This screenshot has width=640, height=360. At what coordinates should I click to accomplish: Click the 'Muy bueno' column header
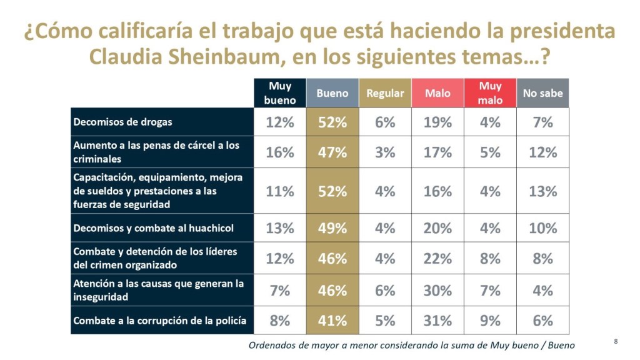click(x=280, y=92)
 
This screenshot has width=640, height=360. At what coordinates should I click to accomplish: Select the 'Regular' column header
click(x=385, y=93)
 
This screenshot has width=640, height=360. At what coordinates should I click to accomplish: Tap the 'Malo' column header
click(x=437, y=93)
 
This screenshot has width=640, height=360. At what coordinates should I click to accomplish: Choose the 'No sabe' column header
click(x=542, y=93)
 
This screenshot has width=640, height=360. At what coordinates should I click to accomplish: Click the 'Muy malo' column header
click(x=490, y=92)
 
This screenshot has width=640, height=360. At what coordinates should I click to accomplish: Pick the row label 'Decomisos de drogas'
click(x=122, y=122)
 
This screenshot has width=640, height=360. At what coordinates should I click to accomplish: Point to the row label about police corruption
click(x=159, y=321)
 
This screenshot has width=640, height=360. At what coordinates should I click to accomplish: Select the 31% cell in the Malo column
click(x=437, y=321)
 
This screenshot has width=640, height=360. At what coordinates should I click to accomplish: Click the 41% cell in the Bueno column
click(x=332, y=321)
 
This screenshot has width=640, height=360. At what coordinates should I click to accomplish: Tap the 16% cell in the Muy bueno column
click(x=280, y=152)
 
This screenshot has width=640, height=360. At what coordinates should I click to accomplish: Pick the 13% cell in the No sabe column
click(x=542, y=191)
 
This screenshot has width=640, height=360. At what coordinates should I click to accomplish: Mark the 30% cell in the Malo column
click(x=437, y=290)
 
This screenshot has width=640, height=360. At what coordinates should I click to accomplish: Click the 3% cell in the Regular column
click(x=385, y=152)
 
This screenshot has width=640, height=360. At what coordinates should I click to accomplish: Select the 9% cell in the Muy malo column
click(x=490, y=321)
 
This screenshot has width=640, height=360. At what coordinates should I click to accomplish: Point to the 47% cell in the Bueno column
click(x=332, y=152)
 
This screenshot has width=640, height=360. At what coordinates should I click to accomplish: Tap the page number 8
click(x=616, y=341)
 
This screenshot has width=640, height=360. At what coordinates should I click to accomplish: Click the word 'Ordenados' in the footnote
click(x=273, y=345)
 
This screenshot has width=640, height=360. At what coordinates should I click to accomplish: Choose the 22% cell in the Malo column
click(x=437, y=258)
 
